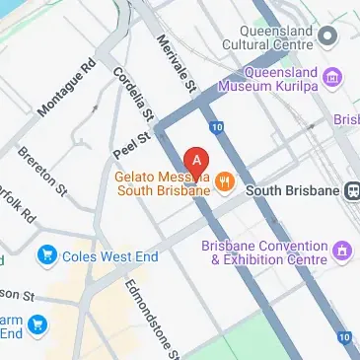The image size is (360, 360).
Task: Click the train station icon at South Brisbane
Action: [350, 189]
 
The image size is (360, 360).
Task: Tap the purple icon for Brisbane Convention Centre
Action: [341, 252]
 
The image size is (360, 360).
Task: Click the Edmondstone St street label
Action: [151, 316]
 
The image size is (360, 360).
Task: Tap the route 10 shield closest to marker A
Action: [216, 127]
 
